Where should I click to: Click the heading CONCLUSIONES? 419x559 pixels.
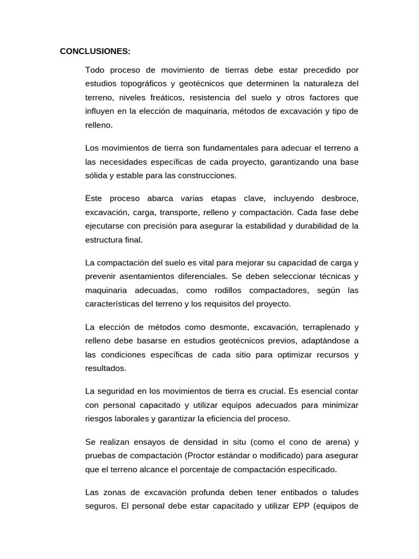coord(95,52)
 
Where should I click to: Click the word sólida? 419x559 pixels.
coord(97,176)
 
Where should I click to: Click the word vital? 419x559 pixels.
coord(204,263)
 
